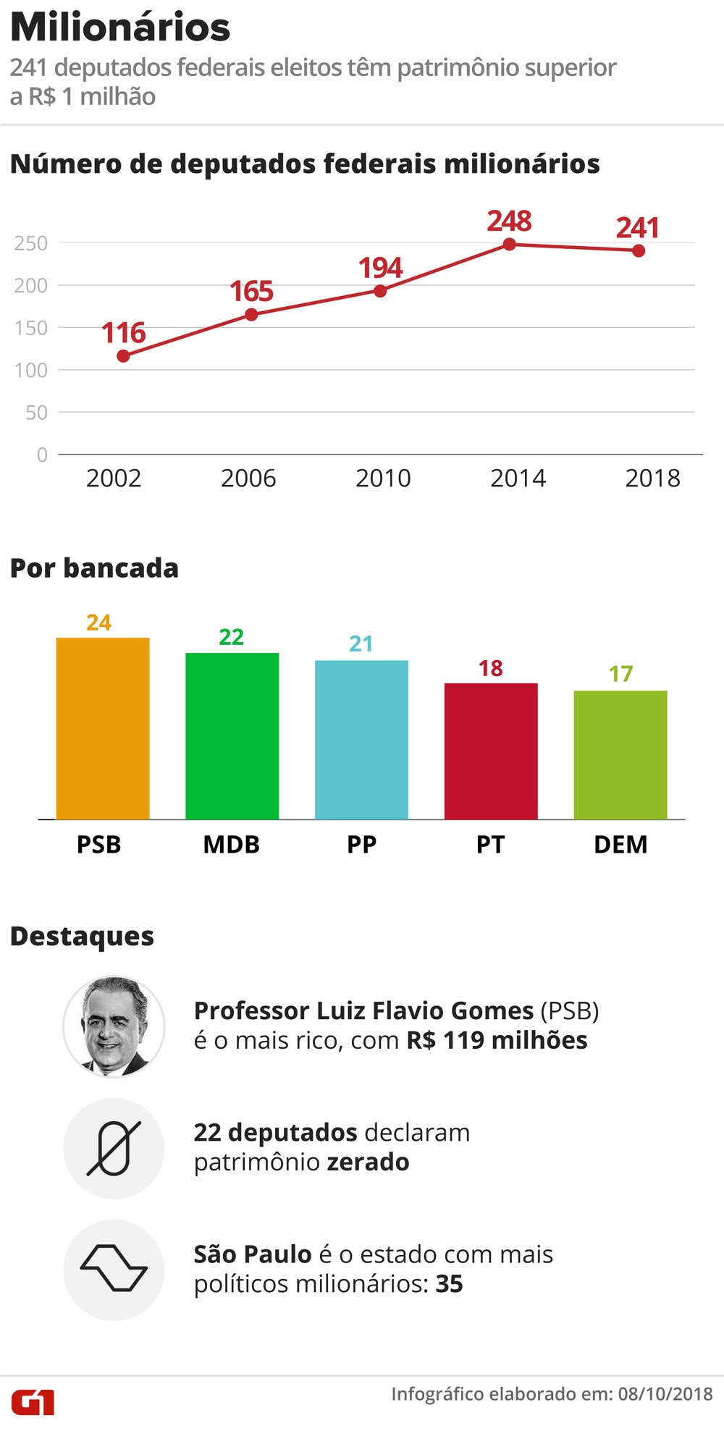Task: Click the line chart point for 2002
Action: point(123,356)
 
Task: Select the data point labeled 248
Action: point(510,245)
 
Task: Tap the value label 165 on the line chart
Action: point(251,292)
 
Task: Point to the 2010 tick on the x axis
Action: point(383,478)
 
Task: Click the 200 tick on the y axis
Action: point(31,286)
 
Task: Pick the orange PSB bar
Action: point(103,728)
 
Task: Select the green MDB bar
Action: point(232,735)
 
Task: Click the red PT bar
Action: point(491,751)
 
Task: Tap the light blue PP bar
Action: point(361,739)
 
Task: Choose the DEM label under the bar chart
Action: point(620,845)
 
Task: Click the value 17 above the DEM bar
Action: point(620,674)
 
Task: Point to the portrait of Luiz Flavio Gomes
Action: point(114,1026)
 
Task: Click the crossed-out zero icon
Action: point(114,1149)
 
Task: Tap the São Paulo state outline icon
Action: point(114,1269)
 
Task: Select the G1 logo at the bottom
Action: point(33,1402)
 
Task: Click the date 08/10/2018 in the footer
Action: point(665,1394)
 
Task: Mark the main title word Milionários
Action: point(120,28)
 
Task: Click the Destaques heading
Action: point(82,936)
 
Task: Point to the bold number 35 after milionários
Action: point(449,1284)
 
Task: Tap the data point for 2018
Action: point(639,251)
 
